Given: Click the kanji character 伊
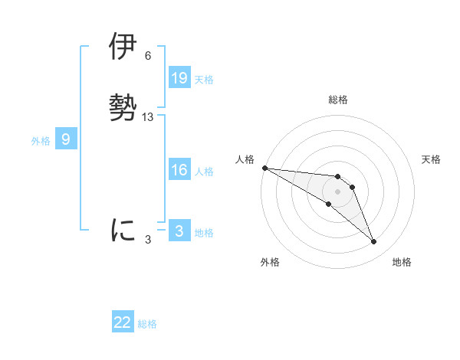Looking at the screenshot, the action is pos(123,47).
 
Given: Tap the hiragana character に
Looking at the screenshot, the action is pos(123,230).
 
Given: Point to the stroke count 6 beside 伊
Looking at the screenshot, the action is pos(147,56).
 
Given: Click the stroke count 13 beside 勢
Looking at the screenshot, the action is pos(148,117).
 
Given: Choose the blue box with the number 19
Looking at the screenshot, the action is pos(179,78).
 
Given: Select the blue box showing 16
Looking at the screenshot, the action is pos(179,171).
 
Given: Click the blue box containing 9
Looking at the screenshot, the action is pos(66,139).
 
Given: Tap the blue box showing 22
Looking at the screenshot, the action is pos(123,322).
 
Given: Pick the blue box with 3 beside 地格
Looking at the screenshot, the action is pos(179,231).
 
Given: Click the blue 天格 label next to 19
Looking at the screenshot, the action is pos(204,80).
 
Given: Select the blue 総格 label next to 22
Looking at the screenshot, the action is pos(147,324).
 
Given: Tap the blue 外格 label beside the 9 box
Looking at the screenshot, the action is pos(41,141).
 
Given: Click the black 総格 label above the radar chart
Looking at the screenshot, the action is pos(337,100).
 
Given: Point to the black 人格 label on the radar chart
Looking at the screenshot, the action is pos(245,159).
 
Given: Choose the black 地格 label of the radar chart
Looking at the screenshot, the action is pos(402,262).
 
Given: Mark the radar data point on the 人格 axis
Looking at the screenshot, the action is pos(264,168).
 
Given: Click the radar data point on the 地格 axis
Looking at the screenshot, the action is pos(374,242).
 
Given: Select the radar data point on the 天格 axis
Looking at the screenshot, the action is pos(352,187).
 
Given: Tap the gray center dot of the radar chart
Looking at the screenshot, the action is pos(337,191).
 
